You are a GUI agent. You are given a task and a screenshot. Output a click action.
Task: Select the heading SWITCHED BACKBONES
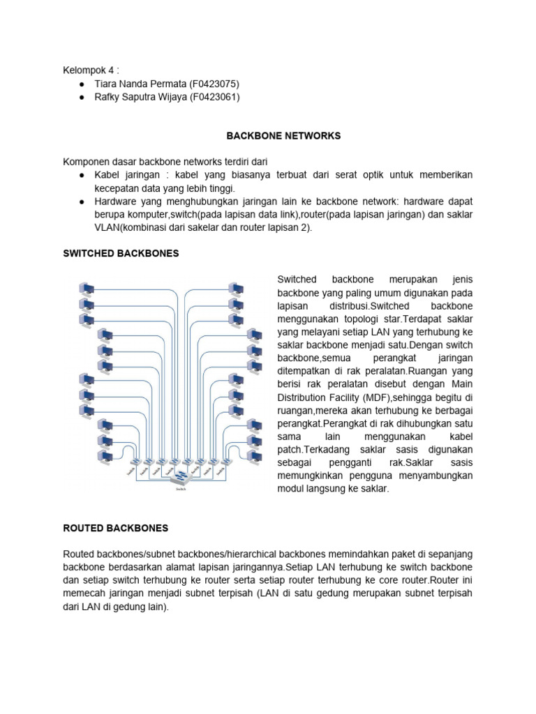121,253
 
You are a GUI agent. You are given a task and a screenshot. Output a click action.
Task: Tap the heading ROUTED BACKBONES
115,529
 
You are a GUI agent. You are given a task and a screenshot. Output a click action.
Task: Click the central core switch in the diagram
181,477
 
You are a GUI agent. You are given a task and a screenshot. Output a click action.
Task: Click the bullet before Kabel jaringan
82,174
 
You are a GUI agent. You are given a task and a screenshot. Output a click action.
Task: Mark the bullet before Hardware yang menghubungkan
82,201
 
